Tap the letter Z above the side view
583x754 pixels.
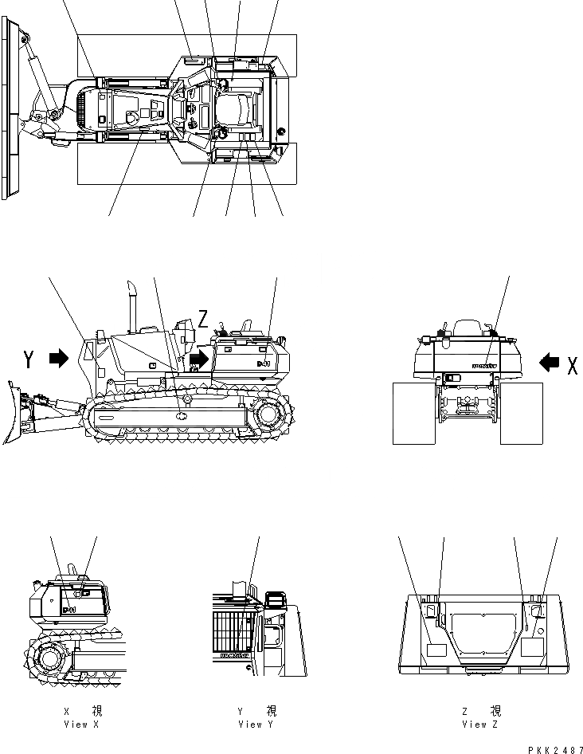tap(203, 320)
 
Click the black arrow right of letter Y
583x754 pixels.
tap(59, 359)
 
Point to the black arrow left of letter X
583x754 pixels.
tap(548, 363)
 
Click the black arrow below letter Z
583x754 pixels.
tap(198, 360)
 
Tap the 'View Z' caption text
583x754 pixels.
tap(480, 725)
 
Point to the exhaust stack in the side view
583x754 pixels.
tap(134, 304)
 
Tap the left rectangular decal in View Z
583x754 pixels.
tap(436, 650)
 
